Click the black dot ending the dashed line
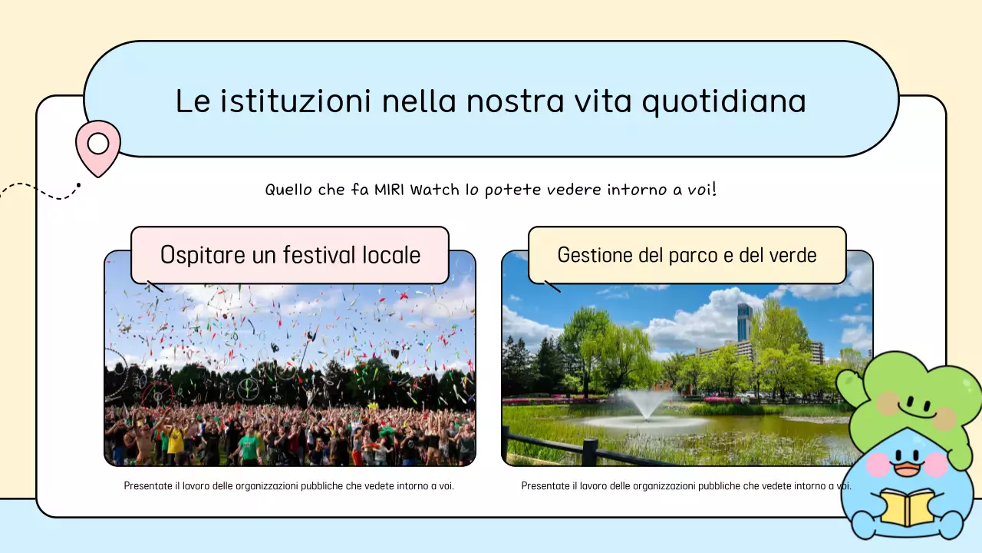click(78, 184)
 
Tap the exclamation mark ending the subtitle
click(713, 188)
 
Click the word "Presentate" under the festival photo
click(143, 486)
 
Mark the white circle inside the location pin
click(98, 144)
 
